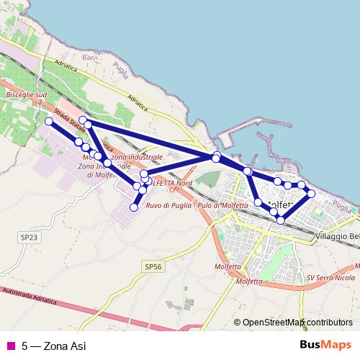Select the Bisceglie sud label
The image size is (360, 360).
[x=25, y=95]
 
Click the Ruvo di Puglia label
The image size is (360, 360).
[x=168, y=206]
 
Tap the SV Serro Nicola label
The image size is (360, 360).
[x=330, y=277]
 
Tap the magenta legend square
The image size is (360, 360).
[x=10, y=346]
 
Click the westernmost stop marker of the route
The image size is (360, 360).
[x=49, y=122]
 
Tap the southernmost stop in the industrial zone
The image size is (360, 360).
[x=133, y=207]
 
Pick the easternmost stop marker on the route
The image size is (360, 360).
[x=311, y=194]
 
